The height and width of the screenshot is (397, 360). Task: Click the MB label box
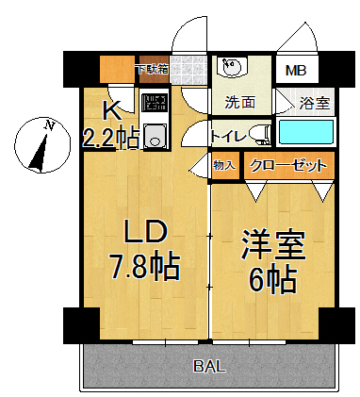[x=296, y=71]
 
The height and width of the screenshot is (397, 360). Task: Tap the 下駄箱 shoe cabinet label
[x=151, y=69]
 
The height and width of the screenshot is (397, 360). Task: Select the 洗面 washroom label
[x=240, y=102]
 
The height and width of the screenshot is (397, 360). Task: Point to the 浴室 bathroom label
[x=314, y=102]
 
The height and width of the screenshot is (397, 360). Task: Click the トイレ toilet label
[x=229, y=136]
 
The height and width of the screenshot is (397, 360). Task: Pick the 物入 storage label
[x=224, y=166]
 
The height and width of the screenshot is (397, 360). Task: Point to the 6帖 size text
[x=274, y=278]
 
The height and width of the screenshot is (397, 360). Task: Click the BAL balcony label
[x=210, y=365]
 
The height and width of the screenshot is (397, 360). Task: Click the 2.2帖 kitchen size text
[x=111, y=139]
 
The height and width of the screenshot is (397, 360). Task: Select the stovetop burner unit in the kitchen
[x=154, y=103]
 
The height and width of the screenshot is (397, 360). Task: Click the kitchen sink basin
[x=155, y=137]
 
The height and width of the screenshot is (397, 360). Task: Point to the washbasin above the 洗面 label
[x=230, y=69]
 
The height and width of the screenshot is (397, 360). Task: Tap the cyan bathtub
[x=306, y=131]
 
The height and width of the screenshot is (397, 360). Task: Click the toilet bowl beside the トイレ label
[x=265, y=135]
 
